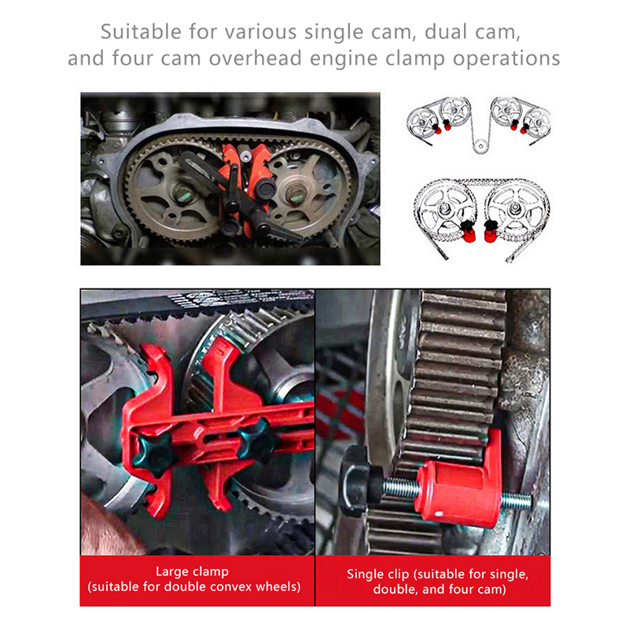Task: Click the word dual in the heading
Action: [446, 32]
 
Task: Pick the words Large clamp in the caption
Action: [192, 572]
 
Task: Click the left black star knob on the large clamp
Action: [153, 455]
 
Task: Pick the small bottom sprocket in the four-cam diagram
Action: [480, 145]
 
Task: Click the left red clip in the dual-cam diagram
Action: [467, 232]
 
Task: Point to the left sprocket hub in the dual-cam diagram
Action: [444, 208]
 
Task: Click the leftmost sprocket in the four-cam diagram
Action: [421, 123]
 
